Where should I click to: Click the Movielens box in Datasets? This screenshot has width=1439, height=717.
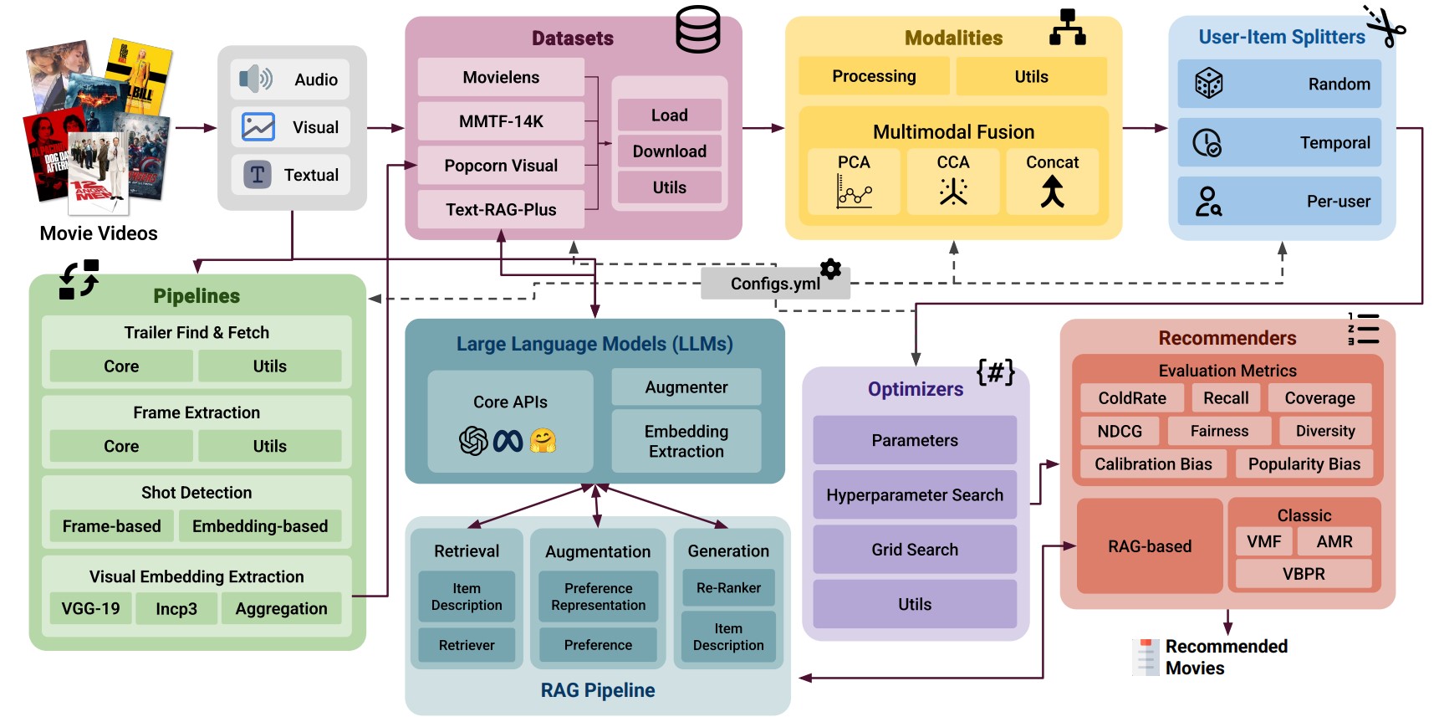click(x=501, y=78)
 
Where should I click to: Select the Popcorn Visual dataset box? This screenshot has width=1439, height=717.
click(x=501, y=166)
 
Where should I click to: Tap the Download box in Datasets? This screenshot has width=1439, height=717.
click(x=669, y=151)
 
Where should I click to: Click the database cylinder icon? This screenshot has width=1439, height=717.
click(x=697, y=29)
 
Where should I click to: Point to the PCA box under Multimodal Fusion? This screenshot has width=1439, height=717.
click(x=854, y=181)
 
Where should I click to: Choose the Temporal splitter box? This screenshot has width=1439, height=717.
click(x=1278, y=143)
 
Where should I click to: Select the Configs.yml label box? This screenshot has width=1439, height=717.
click(x=774, y=284)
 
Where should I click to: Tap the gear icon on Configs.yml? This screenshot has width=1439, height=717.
click(x=830, y=269)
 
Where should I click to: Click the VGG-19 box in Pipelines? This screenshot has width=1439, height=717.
click(x=90, y=608)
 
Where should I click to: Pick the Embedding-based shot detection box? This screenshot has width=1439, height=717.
click(x=260, y=526)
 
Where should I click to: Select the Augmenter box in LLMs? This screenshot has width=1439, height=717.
click(x=686, y=387)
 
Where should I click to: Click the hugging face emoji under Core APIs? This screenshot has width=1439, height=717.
click(x=543, y=440)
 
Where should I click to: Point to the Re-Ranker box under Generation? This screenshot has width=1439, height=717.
click(x=728, y=588)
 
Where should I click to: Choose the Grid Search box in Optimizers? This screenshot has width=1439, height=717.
click(x=915, y=550)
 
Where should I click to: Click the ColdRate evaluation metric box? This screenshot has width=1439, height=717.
click(x=1131, y=398)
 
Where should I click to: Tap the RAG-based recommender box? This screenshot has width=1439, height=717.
click(x=1150, y=546)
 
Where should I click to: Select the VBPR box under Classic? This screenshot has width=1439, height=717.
click(x=1304, y=574)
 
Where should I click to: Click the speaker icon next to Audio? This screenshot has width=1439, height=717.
click(x=255, y=79)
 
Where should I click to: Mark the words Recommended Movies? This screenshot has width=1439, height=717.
click(x=1226, y=657)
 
